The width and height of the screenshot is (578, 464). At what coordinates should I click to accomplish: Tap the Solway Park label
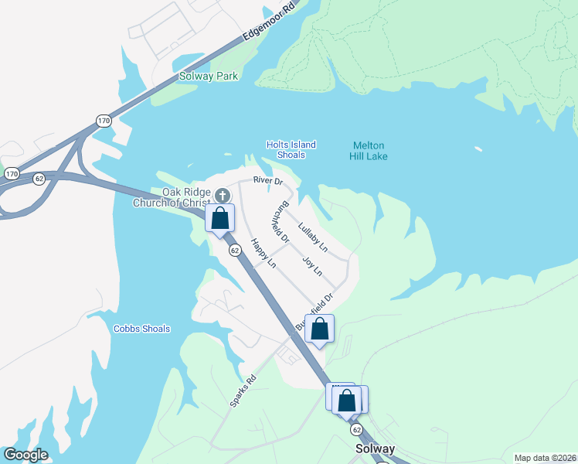208,76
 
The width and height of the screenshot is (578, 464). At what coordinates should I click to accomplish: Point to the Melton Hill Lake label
369,151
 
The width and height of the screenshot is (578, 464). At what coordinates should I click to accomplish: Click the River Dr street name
268,181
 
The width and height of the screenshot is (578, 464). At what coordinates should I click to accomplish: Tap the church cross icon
223,195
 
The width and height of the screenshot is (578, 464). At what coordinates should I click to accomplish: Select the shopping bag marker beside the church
220,218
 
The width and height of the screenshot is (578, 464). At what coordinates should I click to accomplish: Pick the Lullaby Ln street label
313,238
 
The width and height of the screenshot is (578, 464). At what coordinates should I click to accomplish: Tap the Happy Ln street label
263,253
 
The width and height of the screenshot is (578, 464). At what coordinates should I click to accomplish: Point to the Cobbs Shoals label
141,329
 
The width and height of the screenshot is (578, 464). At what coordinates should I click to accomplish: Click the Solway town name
375,449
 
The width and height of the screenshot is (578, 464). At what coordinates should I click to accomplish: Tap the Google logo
25,455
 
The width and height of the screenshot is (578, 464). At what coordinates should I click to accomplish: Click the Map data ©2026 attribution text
545,458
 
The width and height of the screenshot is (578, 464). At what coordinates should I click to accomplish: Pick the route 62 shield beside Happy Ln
234,249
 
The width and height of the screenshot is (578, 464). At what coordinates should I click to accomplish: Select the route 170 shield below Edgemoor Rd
104,120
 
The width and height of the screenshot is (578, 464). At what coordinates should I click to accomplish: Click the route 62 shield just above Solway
356,428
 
